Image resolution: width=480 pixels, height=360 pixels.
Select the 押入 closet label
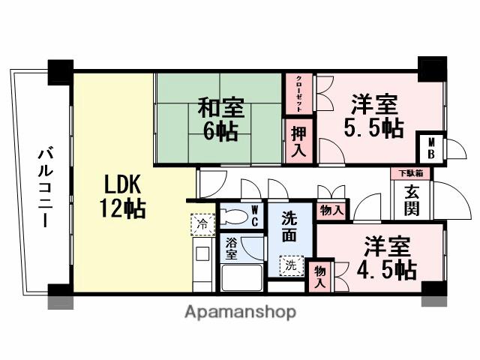click(x=298, y=140)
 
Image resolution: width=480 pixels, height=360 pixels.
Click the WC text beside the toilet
click(x=255, y=216)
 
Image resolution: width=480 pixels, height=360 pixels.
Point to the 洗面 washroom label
click(x=290, y=226)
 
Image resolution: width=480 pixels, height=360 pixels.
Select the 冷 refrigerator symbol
click(x=201, y=223)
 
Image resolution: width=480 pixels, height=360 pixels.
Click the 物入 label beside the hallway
click(x=330, y=211)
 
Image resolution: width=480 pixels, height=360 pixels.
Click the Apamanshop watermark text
click(x=240, y=311)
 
